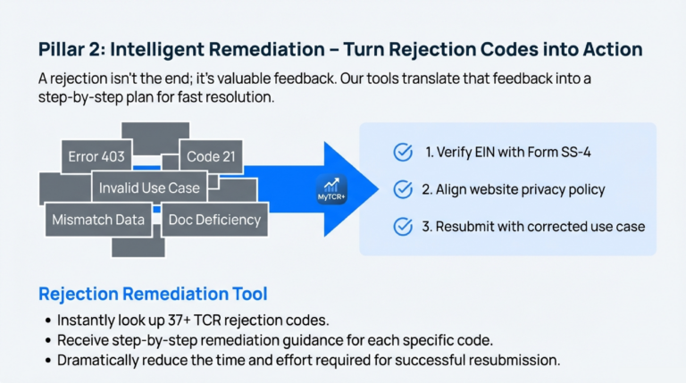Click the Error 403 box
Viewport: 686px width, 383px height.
(96, 157)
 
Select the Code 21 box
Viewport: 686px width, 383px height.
(211, 157)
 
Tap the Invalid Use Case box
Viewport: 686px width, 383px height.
(149, 188)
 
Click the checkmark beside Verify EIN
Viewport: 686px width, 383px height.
(403, 153)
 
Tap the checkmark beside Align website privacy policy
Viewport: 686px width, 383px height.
(403, 189)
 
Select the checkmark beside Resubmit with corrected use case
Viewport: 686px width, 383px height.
(403, 226)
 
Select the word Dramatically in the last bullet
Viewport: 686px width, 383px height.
(102, 361)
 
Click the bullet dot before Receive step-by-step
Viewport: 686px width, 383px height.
(46, 340)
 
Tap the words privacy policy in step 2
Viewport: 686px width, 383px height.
(562, 189)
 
